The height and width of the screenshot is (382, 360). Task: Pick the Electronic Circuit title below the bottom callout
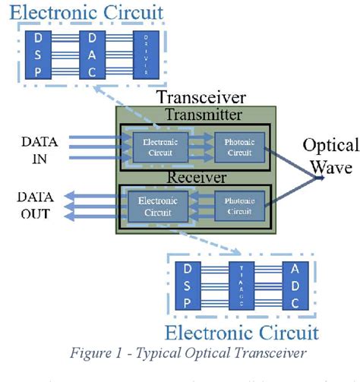(242, 332)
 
